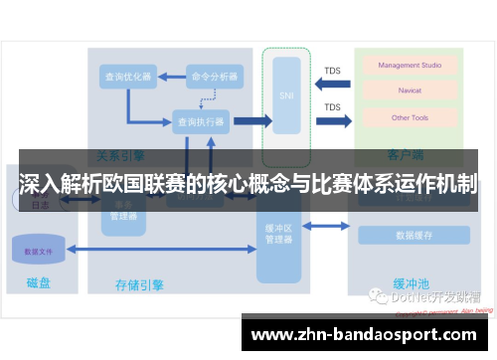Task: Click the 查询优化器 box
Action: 127,76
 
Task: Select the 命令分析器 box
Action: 214,76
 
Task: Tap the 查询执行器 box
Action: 200,121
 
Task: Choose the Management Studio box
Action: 409,65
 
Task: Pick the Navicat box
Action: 409,91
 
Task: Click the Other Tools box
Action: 409,117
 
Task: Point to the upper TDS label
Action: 332,70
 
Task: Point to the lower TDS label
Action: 332,106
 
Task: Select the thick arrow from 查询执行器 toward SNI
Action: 251,121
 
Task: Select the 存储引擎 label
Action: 139,285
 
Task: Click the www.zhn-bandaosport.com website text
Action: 368,334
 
